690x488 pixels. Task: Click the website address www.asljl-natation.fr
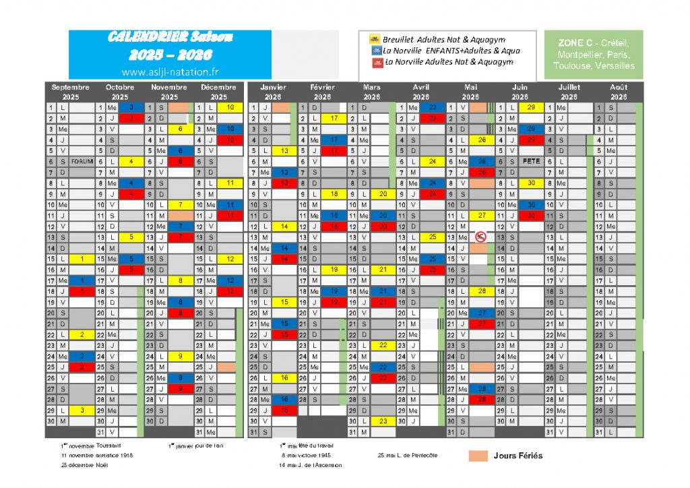coord(170,71)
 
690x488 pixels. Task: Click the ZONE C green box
coord(592,54)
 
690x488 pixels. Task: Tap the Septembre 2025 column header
coord(70,92)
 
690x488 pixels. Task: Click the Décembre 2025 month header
coord(219,92)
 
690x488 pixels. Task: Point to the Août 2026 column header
coord(619,92)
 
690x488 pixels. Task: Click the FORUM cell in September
coord(82,162)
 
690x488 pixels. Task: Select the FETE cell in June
coord(531,162)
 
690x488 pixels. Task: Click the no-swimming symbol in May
coord(480,237)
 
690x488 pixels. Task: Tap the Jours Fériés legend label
coord(517,456)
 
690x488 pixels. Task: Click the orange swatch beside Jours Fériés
coord(478,456)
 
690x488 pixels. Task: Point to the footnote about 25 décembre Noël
coord(85,465)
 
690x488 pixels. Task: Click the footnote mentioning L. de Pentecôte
coord(407,456)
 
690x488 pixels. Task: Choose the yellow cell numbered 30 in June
coord(531,183)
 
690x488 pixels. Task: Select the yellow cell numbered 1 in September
coord(82,259)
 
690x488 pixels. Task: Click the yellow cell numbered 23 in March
coord(383,421)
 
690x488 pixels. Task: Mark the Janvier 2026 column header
coord(273,92)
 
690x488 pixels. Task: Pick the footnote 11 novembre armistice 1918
coord(94,456)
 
